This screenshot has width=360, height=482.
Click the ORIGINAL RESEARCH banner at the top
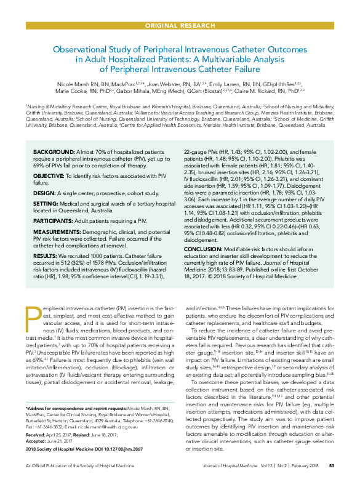(x=180, y=25)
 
